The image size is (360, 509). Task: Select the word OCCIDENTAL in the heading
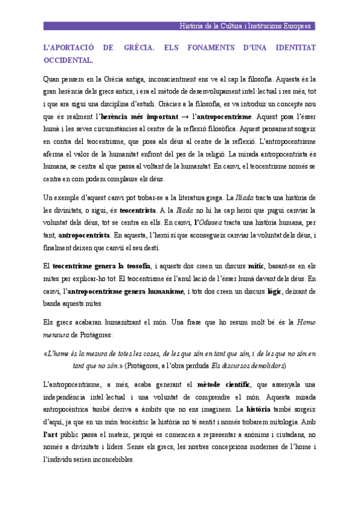point(68,60)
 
